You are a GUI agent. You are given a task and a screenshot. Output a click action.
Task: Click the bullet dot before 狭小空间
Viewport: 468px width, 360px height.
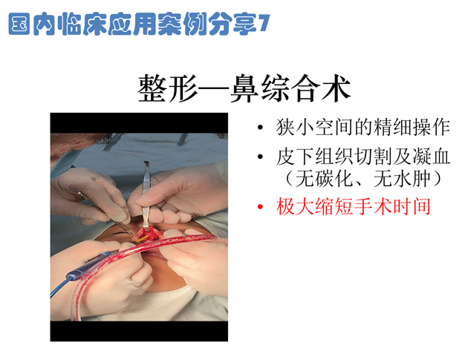[x=259, y=129]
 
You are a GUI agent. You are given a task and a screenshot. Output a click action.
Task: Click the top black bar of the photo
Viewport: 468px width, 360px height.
[x=138, y=122]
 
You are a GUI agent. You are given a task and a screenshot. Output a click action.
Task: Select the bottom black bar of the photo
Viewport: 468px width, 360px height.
[x=138, y=331]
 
